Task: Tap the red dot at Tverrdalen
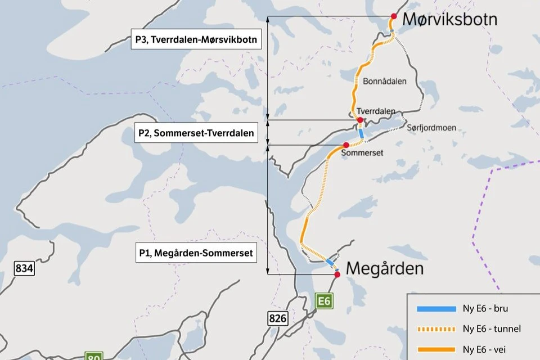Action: pos(360,120)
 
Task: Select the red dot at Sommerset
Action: pos(346,145)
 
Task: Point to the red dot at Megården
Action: pos(337,274)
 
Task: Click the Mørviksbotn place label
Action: pos(449,20)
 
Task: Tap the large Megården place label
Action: pos(384,268)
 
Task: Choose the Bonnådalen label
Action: pos(385,81)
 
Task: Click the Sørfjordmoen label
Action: pos(431,128)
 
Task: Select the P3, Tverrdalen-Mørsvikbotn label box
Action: pos(196,39)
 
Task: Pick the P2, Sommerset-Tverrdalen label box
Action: pos(196,134)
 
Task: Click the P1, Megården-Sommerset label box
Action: pos(196,253)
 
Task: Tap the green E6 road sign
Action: pos(325,301)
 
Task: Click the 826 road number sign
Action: pos(278,319)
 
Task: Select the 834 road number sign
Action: pos(24,268)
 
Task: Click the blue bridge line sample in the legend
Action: pos(436,308)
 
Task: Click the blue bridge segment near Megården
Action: pos(331,263)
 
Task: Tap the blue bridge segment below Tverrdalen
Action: pos(362,134)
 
